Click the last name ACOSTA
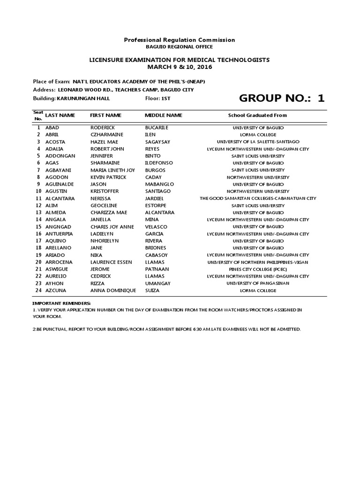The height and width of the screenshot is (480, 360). (x=55, y=142)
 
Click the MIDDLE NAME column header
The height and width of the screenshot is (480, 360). (x=164, y=115)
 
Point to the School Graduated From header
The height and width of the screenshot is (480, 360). (x=257, y=115)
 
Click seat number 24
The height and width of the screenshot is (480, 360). (x=38, y=291)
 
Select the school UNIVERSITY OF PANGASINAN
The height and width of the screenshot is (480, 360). (x=258, y=283)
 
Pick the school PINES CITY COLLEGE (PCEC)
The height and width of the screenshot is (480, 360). (x=258, y=269)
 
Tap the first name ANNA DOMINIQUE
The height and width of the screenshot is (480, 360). (x=113, y=291)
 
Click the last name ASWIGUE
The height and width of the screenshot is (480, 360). (x=57, y=269)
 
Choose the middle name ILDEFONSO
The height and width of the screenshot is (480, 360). (x=159, y=163)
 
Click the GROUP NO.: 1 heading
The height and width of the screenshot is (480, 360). (x=281, y=98)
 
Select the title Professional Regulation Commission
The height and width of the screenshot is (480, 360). (x=180, y=40)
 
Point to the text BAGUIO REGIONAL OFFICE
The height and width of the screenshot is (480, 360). (x=180, y=47)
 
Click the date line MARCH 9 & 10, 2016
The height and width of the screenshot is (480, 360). (x=180, y=67)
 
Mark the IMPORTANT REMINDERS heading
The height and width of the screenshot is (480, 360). (x=61, y=303)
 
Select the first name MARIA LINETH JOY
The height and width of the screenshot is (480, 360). (x=112, y=170)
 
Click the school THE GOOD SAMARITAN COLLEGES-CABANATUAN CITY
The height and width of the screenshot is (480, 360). (x=258, y=198)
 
